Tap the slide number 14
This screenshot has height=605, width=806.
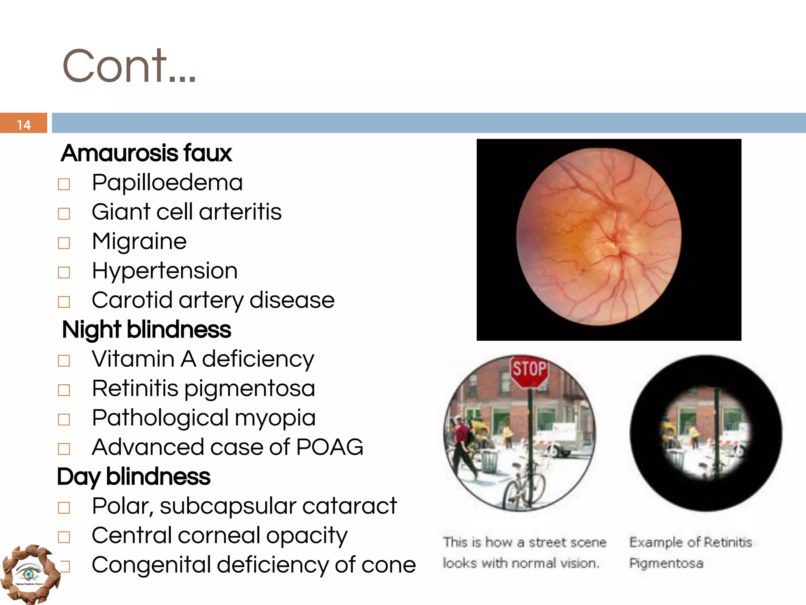pos(24,125)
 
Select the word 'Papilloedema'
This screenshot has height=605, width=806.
pos(167,182)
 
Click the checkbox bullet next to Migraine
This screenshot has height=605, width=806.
pos(64,243)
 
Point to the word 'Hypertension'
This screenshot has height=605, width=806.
pos(165,271)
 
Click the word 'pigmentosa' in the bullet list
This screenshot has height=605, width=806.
pos(250,388)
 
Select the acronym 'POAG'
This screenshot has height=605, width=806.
pos(329,447)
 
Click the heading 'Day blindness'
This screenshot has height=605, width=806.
pos(134,477)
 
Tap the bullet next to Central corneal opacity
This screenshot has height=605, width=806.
pos(64,537)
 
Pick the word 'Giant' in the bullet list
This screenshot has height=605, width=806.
pos(120,212)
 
